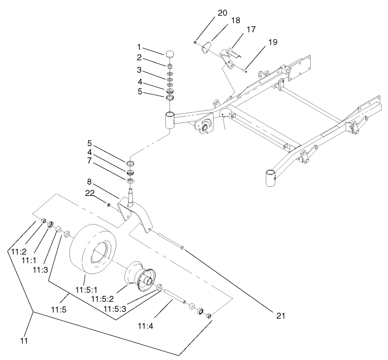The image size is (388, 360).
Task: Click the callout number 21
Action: tap(281, 315)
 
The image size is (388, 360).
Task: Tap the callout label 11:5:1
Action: tap(87, 290)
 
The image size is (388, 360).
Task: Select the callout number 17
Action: tap(251, 30)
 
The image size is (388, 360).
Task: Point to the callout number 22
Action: tap(90, 193)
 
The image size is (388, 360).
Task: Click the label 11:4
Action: tap(146, 326)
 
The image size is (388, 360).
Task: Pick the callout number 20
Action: tap(222, 13)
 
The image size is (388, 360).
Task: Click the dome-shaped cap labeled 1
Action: tap(169, 54)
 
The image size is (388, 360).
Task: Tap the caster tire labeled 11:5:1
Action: tap(93, 249)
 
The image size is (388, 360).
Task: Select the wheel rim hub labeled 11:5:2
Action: tap(140, 277)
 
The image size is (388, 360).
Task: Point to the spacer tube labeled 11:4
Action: tap(175, 296)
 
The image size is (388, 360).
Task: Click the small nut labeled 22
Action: tap(109, 205)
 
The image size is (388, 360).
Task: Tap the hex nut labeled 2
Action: tap(170, 66)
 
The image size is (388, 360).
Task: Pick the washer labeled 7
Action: tap(131, 181)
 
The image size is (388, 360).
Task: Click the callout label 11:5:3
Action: tap(115, 309)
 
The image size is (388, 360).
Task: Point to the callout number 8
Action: tap(90, 182)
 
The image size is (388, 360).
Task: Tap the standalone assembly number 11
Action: tap(24, 341)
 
